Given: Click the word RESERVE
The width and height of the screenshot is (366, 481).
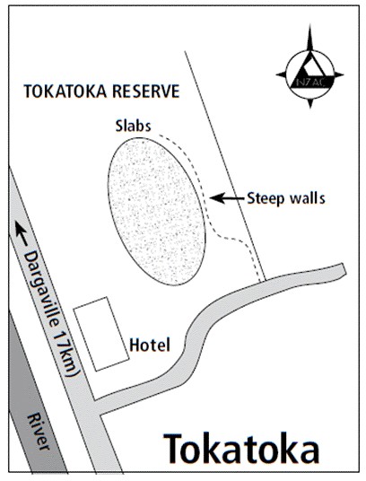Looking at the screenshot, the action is [145, 92].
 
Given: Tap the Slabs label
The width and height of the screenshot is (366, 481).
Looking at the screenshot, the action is [133, 126].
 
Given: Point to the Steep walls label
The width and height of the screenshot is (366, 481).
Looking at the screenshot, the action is [285, 198].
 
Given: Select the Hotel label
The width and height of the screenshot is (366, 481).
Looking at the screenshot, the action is [150, 345].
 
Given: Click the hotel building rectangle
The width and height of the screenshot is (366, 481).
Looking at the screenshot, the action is [101, 334].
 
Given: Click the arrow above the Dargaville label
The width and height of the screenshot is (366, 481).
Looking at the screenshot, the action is [21, 233].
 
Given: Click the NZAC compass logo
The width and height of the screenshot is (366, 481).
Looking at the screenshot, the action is [309, 74].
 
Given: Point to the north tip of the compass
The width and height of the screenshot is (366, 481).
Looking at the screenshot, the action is [309, 24].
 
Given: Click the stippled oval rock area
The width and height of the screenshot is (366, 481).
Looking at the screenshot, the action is [157, 212].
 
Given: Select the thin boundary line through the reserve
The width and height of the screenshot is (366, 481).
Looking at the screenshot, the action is [224, 165].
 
